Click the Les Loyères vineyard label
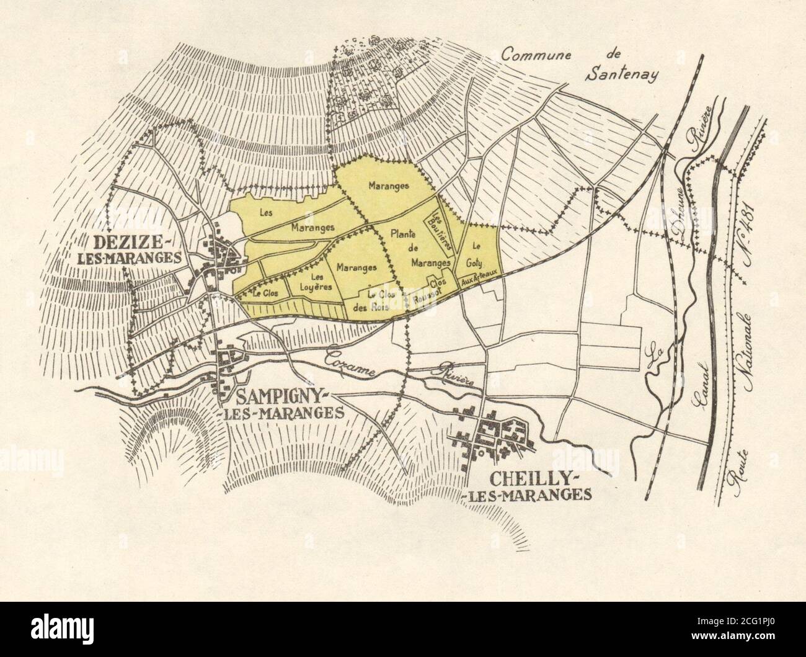click(317, 282)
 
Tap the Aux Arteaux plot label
click(478, 282)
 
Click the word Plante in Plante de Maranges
click(403, 234)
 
